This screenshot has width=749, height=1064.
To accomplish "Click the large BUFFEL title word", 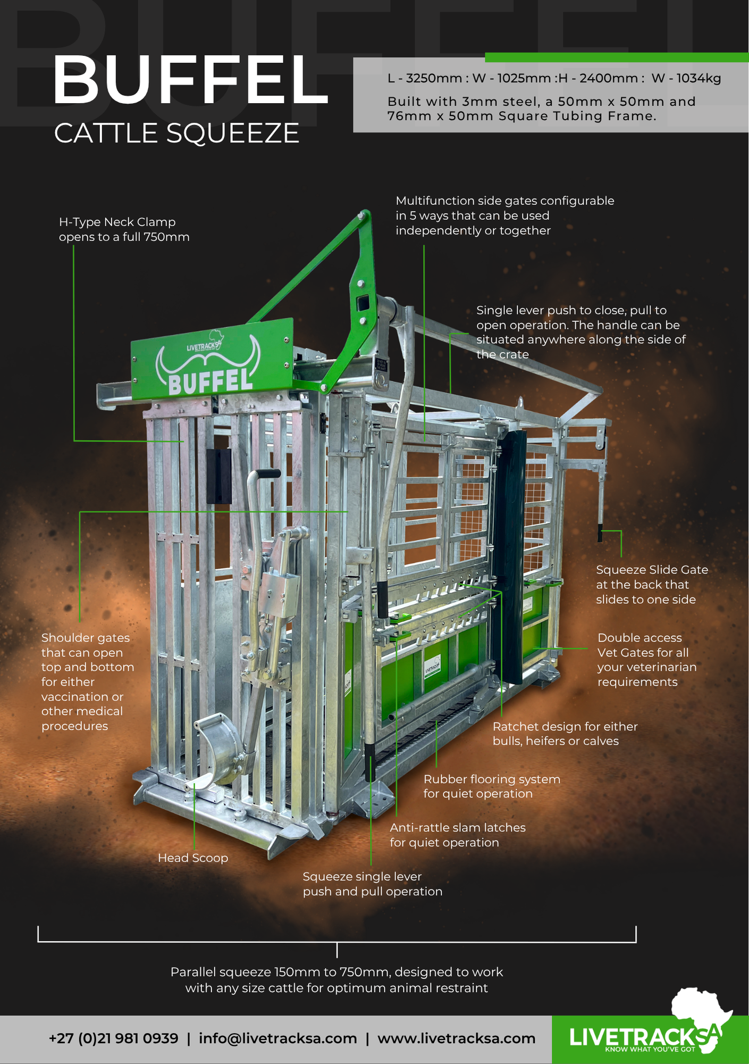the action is (190, 80).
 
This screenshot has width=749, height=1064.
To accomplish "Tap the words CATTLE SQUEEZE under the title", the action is (176, 133).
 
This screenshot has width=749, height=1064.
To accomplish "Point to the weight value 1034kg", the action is (698, 79).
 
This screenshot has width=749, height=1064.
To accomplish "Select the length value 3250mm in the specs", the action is (434, 79).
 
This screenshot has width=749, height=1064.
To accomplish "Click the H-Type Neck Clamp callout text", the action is (124, 229).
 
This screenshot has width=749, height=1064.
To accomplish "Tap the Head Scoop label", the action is (193, 858).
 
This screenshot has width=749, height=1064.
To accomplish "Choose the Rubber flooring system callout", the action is (492, 786).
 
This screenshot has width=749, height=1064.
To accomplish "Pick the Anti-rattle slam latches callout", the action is (458, 835).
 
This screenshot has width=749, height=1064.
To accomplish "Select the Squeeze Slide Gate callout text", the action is (652, 585).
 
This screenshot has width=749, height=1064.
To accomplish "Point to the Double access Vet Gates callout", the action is (646, 660).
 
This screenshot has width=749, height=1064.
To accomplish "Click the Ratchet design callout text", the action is (565, 734).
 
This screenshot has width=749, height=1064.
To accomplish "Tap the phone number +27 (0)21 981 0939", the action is (113, 1038).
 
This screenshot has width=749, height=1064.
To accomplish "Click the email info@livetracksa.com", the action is (277, 1038).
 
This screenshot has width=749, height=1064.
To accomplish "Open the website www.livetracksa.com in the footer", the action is (456, 1038).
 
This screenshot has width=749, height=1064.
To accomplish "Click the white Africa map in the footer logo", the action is (701, 1017).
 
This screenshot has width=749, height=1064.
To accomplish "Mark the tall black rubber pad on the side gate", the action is (509, 556).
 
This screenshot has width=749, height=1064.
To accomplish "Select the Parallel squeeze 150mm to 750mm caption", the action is (336, 980).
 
